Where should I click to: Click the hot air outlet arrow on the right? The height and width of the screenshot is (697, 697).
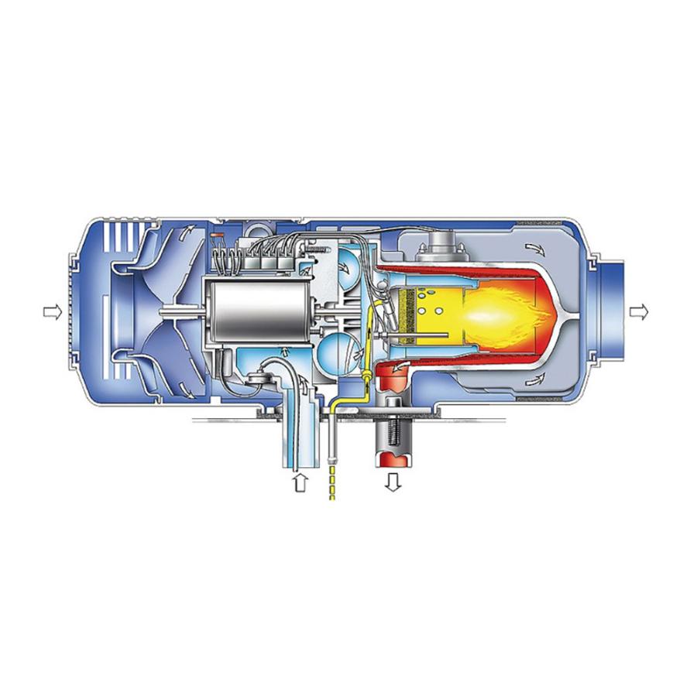tap(639, 311)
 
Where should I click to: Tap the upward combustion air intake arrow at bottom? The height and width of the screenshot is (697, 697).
tap(300, 482)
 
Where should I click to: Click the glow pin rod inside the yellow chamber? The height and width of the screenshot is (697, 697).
tap(422, 335)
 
